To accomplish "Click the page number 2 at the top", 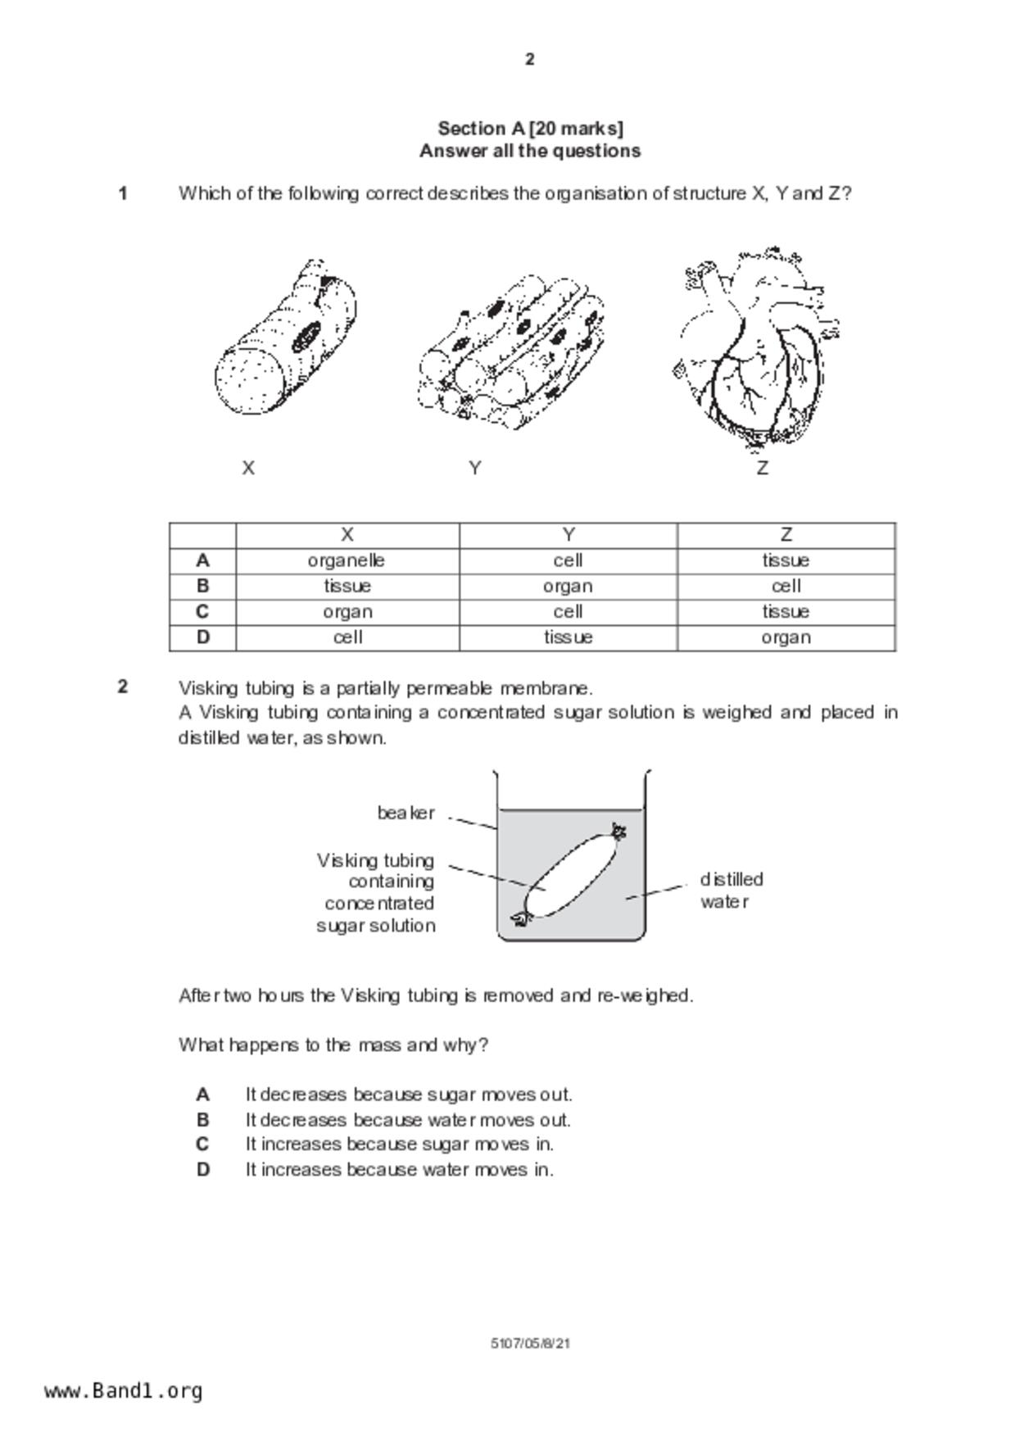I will click(529, 59).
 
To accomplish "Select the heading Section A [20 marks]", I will click(530, 129).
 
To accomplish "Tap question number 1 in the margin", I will click(123, 194).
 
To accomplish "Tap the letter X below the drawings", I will click(248, 468).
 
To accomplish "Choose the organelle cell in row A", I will click(347, 560).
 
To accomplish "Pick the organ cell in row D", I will click(786, 637).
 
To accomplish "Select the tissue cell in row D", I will click(568, 637).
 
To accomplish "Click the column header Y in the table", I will click(568, 535).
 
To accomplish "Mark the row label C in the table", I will click(202, 612).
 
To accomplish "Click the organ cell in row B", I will click(568, 587).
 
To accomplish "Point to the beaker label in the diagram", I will click(406, 814).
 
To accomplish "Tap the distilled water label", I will click(731, 891).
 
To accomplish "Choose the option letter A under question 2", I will click(203, 1095).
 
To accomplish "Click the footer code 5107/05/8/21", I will click(530, 1344).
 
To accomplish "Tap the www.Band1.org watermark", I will click(123, 1391).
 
